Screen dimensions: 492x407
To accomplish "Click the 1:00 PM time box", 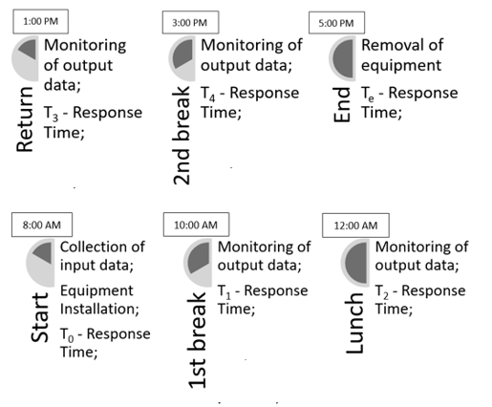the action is [41, 22].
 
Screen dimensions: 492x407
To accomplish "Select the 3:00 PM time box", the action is [190, 22].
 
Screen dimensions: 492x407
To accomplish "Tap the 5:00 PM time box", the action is [336, 23].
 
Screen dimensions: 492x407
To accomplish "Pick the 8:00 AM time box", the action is [42, 225].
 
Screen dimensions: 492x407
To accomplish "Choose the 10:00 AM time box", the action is [196, 225].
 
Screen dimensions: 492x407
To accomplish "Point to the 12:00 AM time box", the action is [355, 225].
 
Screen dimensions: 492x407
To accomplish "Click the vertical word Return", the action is [25, 119].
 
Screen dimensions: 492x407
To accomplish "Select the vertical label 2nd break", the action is [182, 136].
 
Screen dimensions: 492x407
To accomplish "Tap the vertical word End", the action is [342, 105].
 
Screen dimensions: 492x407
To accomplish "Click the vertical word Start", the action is [39, 318].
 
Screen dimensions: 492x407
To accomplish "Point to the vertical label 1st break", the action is [197, 340].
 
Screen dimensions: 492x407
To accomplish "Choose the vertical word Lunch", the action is [354, 323].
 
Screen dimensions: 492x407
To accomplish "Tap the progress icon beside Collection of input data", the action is [40, 263].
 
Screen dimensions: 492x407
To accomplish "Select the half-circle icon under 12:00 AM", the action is [355, 263].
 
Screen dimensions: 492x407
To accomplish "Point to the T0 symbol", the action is [67, 335].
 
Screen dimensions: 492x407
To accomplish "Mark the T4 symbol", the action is [207, 95].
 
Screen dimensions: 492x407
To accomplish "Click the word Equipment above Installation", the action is [96, 291].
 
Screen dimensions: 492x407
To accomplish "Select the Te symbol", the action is [368, 95].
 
